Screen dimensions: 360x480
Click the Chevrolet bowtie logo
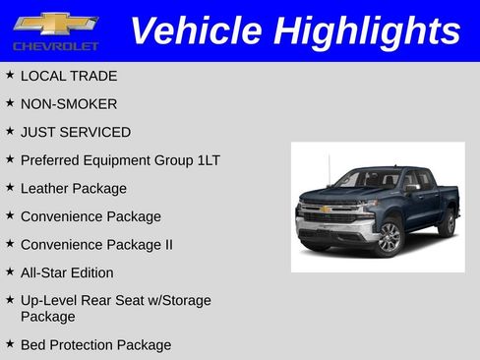click(x=56, y=24)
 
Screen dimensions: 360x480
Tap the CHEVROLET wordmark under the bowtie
click(x=56, y=46)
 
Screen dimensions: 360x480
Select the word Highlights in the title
click(x=367, y=30)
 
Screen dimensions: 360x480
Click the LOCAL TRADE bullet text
click(x=69, y=76)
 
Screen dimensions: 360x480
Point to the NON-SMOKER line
click(x=69, y=103)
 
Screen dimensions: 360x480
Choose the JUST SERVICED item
click(x=76, y=132)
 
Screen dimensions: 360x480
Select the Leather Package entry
click(x=74, y=188)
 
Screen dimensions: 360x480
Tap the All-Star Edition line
click(x=67, y=272)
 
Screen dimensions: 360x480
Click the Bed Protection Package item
click(x=95, y=344)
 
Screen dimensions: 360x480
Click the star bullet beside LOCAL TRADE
click(x=10, y=75)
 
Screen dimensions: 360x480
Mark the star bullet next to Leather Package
click(x=10, y=187)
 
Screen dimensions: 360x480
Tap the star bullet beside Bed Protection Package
click(x=10, y=343)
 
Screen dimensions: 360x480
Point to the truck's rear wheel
click(x=447, y=222)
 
